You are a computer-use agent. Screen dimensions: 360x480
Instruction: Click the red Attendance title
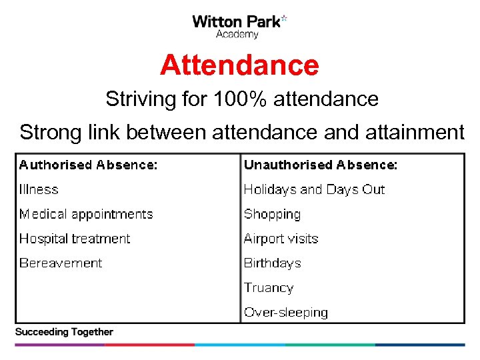pyautogui.click(x=239, y=65)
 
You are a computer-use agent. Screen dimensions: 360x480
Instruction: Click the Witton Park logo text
pyautogui.click(x=236, y=21)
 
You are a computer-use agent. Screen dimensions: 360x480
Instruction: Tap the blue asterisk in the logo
pyautogui.click(x=284, y=18)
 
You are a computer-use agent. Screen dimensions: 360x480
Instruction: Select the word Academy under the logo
pyautogui.click(x=237, y=35)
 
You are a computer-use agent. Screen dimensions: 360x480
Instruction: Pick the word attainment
pyautogui.click(x=414, y=132)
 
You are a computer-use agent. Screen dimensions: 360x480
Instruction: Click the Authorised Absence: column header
pyautogui.click(x=89, y=165)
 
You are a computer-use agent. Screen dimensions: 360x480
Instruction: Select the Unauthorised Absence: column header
pyautogui.click(x=320, y=165)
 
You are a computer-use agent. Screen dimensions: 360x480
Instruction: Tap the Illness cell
pyautogui.click(x=39, y=189)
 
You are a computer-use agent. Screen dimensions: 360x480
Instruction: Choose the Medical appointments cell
pyautogui.click(x=86, y=214)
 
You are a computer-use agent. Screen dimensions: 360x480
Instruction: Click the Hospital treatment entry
pyautogui.click(x=75, y=239)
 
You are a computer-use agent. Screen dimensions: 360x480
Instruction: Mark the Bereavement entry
pyautogui.click(x=61, y=263)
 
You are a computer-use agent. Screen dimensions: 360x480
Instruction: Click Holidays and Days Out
pyautogui.click(x=314, y=189)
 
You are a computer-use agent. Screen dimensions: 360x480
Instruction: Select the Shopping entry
pyautogui.click(x=272, y=214)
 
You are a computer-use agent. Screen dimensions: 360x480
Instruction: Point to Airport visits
pyautogui.click(x=281, y=239)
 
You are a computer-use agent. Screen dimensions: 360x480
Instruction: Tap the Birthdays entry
pyautogui.click(x=272, y=263)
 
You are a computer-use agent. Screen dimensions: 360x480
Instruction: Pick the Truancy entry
pyautogui.click(x=269, y=288)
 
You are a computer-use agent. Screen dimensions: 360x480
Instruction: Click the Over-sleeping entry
pyautogui.click(x=285, y=312)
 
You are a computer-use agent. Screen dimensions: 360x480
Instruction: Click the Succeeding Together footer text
pyautogui.click(x=64, y=332)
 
